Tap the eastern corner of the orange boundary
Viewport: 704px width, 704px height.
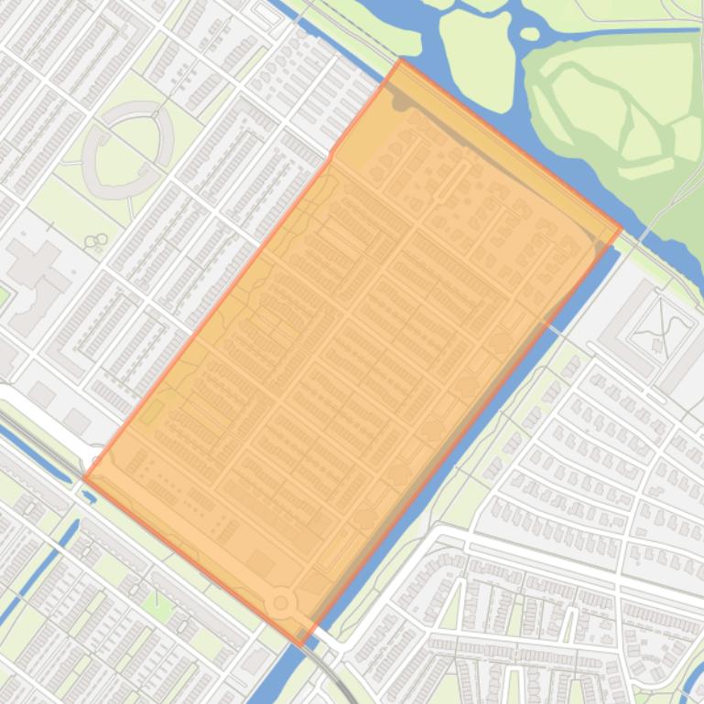tap(621, 229)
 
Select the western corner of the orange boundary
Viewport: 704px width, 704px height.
tap(84, 477)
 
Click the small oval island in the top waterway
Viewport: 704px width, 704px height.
tap(529, 35)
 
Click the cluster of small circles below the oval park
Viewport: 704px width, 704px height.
tap(93, 242)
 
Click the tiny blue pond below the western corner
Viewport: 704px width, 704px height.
tap(89, 496)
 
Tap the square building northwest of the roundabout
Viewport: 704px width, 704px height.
tap(260, 563)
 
